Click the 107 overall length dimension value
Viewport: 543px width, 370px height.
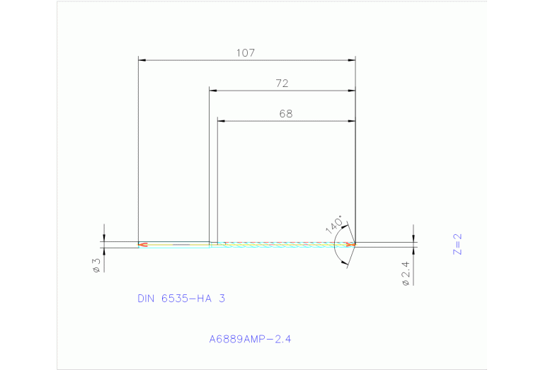246,53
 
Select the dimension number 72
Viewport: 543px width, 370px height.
282,83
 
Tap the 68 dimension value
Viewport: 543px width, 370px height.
285,113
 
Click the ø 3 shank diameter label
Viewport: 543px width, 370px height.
97,265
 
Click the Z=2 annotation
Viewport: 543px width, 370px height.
457,244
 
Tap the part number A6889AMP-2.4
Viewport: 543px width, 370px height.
250,339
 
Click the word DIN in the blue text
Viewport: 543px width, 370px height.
147,299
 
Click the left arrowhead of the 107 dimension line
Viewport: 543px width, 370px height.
141,60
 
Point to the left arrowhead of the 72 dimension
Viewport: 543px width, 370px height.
212,91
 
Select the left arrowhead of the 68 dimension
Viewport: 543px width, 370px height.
221,121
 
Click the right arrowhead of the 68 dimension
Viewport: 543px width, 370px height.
351,121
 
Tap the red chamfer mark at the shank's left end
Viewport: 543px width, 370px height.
143,245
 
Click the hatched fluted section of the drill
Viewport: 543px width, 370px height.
283,244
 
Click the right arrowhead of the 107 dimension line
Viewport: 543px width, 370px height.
352,60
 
